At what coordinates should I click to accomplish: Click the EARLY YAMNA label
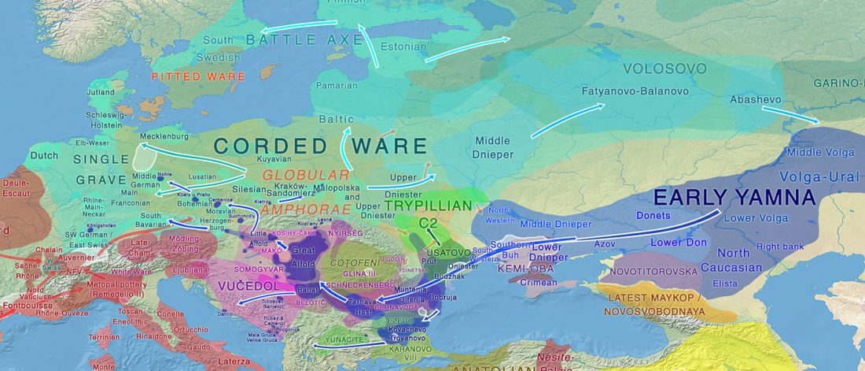pyautogui.click(x=734, y=197)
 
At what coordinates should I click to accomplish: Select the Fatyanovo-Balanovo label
pyautogui.click(x=635, y=91)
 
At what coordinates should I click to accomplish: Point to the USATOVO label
pyautogui.click(x=450, y=253)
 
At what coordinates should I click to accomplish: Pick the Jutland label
pyautogui.click(x=100, y=92)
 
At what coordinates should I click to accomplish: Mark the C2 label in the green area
pyautogui.click(x=428, y=223)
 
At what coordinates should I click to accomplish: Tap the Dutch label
pyautogui.click(x=44, y=156)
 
